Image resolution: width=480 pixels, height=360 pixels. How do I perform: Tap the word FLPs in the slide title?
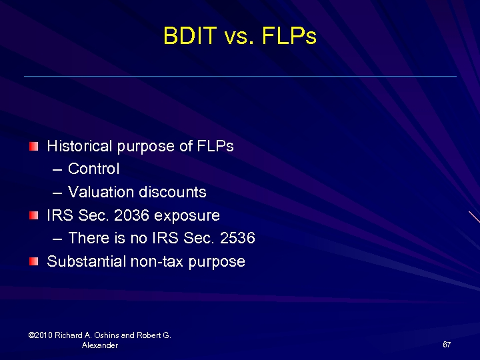point(289,36)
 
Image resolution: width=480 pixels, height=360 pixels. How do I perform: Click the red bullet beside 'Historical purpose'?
point(34,146)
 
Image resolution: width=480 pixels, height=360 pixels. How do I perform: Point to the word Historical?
point(79,146)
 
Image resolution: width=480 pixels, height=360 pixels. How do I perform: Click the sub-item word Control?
point(94,169)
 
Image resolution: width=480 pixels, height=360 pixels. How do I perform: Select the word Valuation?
point(101,192)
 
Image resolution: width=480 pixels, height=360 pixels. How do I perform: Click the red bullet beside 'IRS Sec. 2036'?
point(34,215)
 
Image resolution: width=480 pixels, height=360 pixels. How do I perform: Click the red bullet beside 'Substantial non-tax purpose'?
point(34,261)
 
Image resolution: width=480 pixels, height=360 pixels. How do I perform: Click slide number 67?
point(447,345)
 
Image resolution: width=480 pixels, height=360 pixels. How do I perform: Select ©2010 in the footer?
point(41,335)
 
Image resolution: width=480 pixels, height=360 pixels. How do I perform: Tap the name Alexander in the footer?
point(100,345)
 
